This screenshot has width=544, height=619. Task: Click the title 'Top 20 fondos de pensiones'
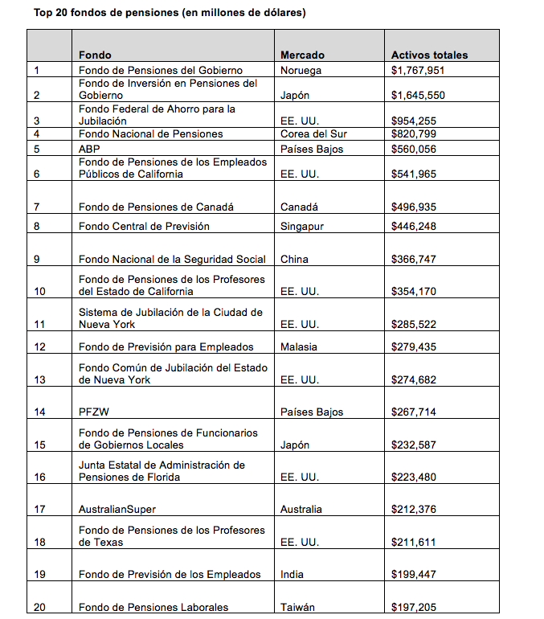(x=169, y=13)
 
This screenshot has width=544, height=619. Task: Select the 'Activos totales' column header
(x=429, y=55)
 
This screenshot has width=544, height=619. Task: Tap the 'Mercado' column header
(x=302, y=55)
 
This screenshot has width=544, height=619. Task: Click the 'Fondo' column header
(x=95, y=55)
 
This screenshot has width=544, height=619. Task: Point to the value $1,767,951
(x=418, y=71)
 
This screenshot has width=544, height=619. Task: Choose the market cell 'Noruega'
(x=301, y=71)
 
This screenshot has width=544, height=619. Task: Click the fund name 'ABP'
(x=89, y=149)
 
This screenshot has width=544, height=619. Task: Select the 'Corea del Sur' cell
(x=313, y=133)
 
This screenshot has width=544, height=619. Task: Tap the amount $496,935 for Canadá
(x=414, y=207)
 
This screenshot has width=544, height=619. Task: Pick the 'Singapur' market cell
(x=302, y=227)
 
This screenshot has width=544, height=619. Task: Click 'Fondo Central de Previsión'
(x=144, y=227)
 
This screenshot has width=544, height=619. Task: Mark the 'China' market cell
(x=294, y=260)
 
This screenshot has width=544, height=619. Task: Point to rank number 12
(x=40, y=347)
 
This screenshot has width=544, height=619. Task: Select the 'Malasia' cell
(x=299, y=347)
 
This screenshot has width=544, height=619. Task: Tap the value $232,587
(x=414, y=445)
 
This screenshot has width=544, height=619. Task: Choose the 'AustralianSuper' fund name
(x=117, y=510)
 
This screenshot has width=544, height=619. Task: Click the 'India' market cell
(x=292, y=575)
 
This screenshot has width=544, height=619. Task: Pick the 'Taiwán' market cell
(x=297, y=608)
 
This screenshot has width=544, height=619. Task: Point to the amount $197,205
(x=414, y=608)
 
